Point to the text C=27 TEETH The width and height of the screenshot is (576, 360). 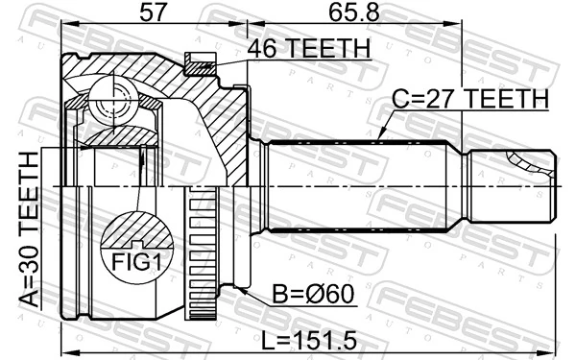click(x=469, y=99)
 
